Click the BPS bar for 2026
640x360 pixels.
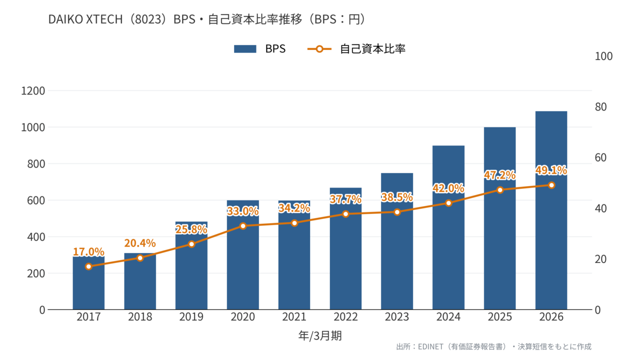point(551,210)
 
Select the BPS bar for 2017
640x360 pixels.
point(88,283)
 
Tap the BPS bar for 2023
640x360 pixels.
point(397,241)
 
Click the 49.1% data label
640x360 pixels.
point(551,170)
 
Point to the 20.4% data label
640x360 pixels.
point(140,243)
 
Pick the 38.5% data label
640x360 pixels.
point(397,197)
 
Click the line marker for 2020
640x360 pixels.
point(243,226)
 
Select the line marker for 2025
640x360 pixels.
point(500,190)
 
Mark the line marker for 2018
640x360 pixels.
point(140,258)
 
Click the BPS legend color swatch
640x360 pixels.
point(245,49)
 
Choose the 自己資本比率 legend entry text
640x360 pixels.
point(372,49)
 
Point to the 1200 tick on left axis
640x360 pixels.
point(33,91)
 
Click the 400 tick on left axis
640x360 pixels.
point(36,237)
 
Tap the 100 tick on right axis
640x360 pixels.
point(603,56)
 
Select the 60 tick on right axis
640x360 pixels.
point(601,157)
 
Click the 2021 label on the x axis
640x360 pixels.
point(294,317)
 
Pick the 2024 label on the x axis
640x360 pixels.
point(448,317)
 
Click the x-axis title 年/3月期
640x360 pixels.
point(320,335)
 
